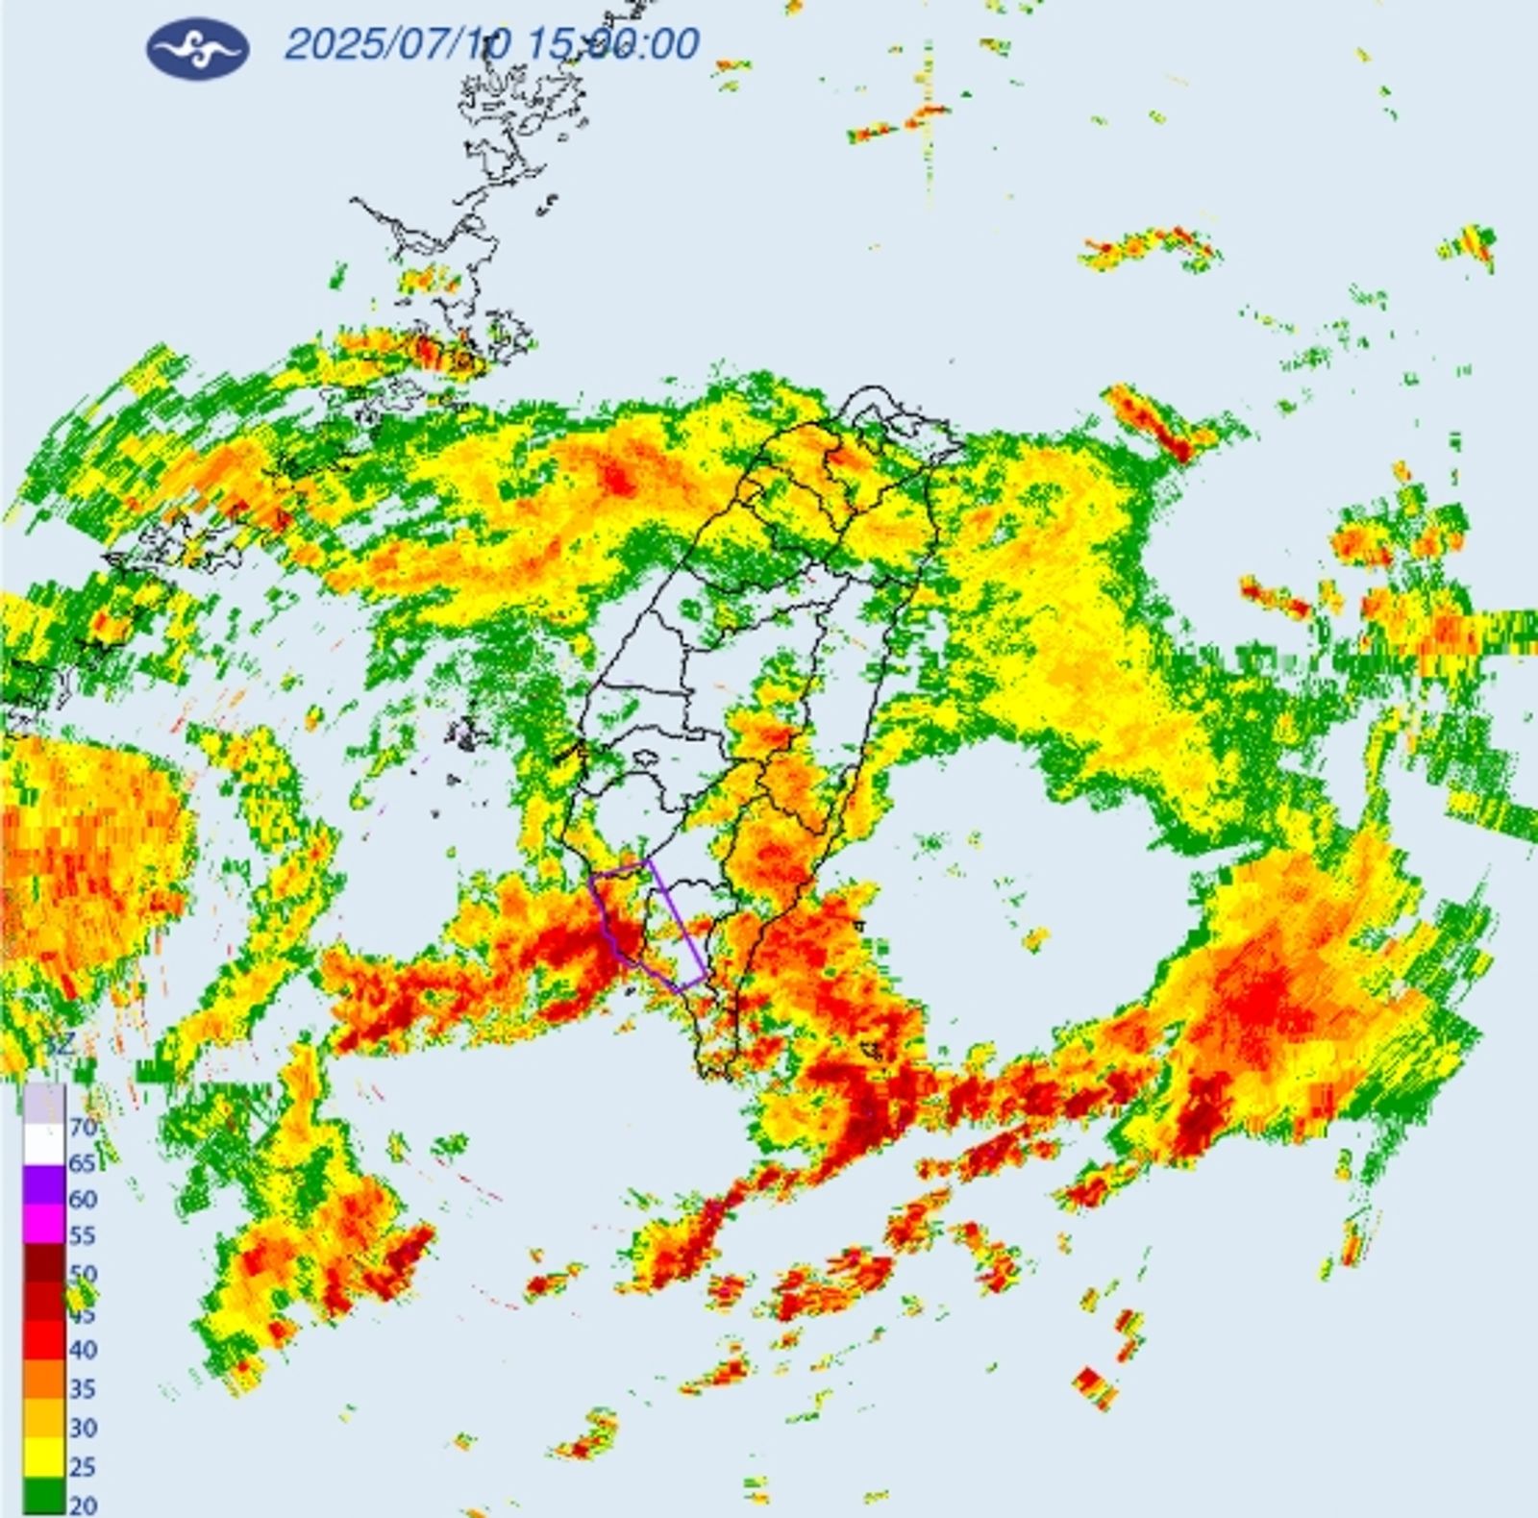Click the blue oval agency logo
tap(197, 47)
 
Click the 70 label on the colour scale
tap(84, 1127)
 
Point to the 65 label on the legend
tap(83, 1163)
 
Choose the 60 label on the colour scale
tap(83, 1200)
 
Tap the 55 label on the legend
tap(83, 1236)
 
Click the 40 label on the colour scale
tap(83, 1350)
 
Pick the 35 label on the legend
tap(83, 1388)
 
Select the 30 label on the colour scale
tap(83, 1428)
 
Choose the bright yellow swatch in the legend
tap(44, 1459)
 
